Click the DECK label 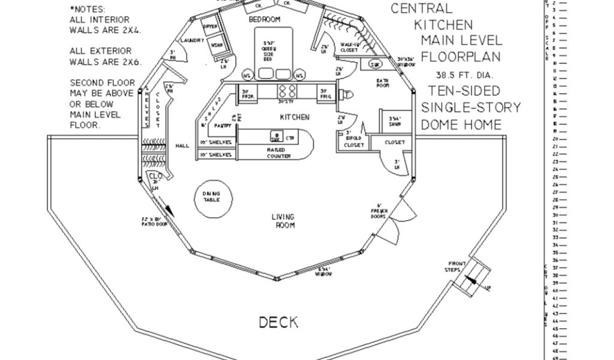click(x=278, y=322)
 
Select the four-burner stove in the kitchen click(x=286, y=91)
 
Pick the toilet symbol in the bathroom click(x=345, y=93)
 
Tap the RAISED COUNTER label click(x=278, y=152)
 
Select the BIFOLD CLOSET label click(x=354, y=142)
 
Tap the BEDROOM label click(x=264, y=20)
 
